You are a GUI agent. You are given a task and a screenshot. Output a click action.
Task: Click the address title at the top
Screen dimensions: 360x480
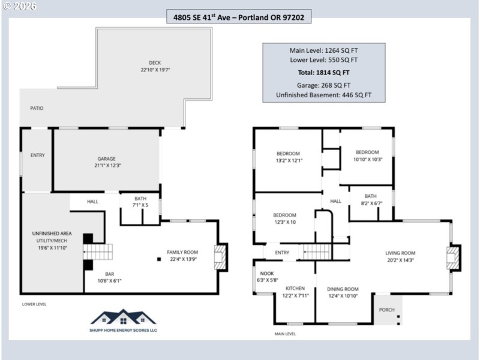click(239, 18)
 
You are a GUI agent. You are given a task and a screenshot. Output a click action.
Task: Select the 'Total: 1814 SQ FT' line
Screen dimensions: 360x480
click(324, 73)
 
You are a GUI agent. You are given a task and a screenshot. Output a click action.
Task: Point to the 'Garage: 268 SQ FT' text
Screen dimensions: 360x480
click(324, 85)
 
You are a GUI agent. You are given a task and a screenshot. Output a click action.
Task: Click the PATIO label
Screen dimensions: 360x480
click(37, 108)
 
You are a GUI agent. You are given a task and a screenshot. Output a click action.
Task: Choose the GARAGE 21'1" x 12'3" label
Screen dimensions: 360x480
click(106, 162)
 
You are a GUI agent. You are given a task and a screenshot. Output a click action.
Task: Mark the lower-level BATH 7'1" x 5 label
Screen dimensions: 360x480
click(140, 202)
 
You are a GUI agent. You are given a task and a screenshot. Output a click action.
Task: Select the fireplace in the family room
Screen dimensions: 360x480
click(221, 254)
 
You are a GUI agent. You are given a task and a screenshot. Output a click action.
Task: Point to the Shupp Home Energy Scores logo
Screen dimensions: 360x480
click(123, 321)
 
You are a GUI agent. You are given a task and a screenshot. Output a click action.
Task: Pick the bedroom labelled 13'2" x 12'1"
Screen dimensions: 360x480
click(288, 157)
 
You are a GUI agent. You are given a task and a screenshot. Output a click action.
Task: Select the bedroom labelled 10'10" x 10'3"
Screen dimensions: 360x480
click(367, 155)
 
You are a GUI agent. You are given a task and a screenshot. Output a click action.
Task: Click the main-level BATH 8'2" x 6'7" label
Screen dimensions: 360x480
click(370, 199)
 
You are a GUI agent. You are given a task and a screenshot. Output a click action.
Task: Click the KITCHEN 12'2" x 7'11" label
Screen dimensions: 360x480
click(296, 292)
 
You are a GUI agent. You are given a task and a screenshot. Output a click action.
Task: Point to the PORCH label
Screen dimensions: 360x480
click(387, 310)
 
